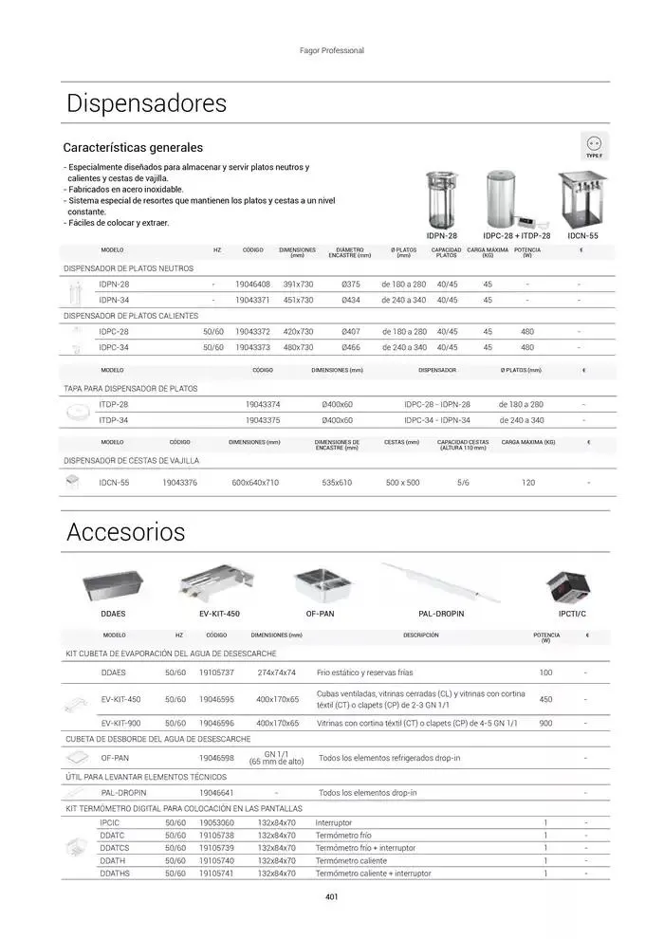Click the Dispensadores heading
(x=146, y=103)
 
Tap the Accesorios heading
(x=125, y=532)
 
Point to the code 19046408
(x=252, y=284)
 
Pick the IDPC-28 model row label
(x=114, y=332)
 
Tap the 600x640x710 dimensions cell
(x=255, y=483)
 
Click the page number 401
(x=332, y=897)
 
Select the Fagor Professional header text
(x=332, y=50)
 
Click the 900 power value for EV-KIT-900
(x=545, y=723)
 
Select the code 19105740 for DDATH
(x=216, y=860)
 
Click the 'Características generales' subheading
(x=133, y=148)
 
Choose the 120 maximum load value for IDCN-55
(x=528, y=483)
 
